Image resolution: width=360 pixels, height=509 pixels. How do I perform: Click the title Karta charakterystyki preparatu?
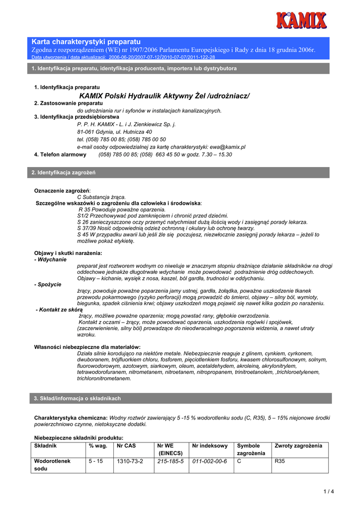click(87, 41)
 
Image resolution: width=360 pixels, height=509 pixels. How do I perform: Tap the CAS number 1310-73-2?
click(130, 461)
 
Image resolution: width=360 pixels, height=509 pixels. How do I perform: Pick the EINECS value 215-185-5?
click(170, 461)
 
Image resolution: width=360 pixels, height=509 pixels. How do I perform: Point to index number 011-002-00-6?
click(209, 461)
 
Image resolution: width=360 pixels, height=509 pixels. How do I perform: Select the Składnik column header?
click(45, 446)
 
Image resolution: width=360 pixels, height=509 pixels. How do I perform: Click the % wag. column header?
click(98, 446)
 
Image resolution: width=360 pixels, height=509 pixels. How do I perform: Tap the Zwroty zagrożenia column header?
click(298, 446)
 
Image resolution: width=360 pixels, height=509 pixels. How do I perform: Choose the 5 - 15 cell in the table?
click(96, 461)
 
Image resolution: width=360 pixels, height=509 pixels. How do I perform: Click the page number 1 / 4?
click(329, 492)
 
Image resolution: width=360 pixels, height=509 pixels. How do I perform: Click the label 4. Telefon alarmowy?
click(60, 155)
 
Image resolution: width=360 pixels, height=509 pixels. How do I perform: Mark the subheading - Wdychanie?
click(51, 259)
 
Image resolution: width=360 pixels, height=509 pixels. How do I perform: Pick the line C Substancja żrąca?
click(101, 197)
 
